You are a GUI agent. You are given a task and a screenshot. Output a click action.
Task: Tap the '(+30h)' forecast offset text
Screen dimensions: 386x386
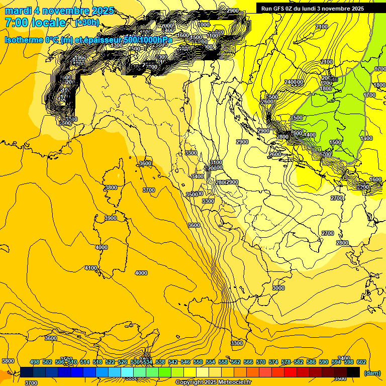[87, 22]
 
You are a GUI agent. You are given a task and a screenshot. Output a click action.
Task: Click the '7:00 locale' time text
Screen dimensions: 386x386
[35, 23]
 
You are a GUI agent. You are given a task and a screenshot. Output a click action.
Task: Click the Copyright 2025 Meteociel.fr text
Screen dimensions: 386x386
[214, 382]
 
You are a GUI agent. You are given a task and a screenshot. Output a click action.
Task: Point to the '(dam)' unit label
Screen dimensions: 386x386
[371, 373]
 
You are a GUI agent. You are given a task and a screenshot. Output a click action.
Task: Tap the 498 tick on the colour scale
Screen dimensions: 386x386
[35, 362]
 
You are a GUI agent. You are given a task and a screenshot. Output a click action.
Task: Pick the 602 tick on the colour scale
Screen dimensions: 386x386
[361, 362]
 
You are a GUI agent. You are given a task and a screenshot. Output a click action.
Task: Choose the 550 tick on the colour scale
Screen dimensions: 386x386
[198, 362]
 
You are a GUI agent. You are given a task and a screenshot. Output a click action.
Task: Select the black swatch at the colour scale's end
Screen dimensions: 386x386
[353, 372]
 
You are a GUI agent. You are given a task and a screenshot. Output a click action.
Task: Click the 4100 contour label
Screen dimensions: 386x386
[91, 268]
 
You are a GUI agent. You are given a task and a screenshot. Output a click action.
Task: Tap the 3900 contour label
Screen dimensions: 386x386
[111, 218]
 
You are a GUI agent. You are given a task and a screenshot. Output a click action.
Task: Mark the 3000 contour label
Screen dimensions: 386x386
[278, 288]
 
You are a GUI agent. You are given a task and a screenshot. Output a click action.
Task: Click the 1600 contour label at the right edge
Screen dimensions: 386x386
[375, 179]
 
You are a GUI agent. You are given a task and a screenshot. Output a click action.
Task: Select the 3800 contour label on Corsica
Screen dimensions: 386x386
[111, 187]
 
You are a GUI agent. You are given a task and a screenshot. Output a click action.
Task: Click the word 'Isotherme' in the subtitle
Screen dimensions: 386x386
[23, 40]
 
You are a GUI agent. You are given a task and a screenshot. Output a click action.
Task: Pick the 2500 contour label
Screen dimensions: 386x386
[271, 96]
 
